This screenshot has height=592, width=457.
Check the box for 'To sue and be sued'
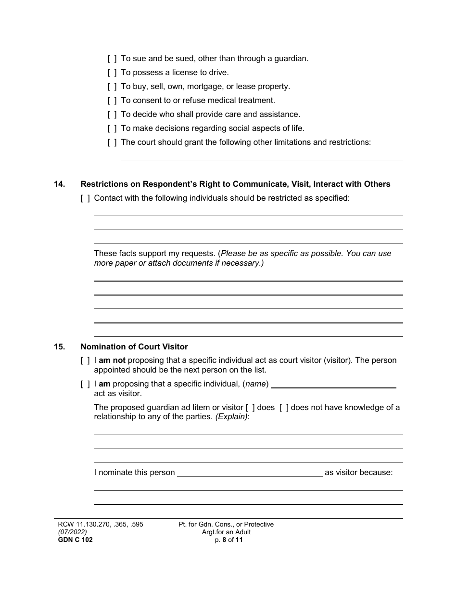112,59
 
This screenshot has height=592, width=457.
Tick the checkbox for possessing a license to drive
112,73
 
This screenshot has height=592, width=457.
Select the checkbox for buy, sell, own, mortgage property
112,87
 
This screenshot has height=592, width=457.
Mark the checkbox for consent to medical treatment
112,101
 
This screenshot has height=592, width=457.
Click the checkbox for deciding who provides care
112,115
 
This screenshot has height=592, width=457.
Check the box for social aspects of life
112,129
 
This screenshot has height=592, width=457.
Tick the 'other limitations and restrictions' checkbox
112,142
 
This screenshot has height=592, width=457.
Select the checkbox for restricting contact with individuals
85,198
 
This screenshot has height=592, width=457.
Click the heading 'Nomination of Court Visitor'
134,347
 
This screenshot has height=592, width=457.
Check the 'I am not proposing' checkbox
85,360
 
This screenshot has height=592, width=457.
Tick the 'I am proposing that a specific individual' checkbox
85,384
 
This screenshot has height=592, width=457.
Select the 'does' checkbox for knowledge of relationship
250,408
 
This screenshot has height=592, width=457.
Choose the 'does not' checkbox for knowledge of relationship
284,408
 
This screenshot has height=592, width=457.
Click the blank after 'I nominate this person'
250,473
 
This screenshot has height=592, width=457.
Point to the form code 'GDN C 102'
72,540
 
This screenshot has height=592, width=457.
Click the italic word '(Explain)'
231,417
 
